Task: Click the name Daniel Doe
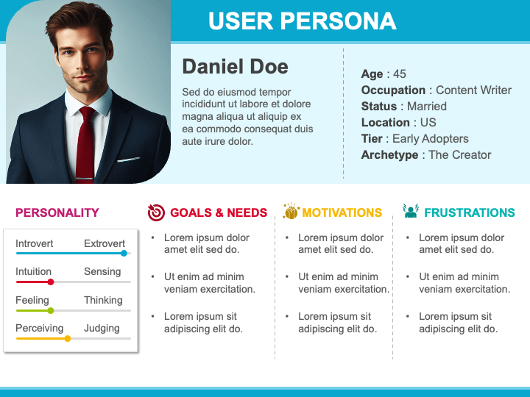click(235, 66)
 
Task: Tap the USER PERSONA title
click(303, 21)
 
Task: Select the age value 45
click(400, 74)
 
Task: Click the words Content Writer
click(473, 90)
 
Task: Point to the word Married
click(427, 107)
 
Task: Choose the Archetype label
click(389, 155)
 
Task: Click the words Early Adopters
click(431, 139)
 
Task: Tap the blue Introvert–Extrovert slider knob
click(124, 253)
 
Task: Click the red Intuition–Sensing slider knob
click(51, 282)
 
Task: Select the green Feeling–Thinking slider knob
click(51, 310)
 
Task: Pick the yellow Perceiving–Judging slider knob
click(68, 339)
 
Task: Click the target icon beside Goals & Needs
click(156, 212)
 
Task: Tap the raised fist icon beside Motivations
click(291, 211)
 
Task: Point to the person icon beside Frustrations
click(411, 211)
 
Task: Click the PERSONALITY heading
click(57, 212)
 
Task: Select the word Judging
click(102, 329)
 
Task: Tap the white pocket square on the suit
click(128, 160)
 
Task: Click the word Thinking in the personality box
click(103, 300)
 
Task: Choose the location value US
click(428, 123)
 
